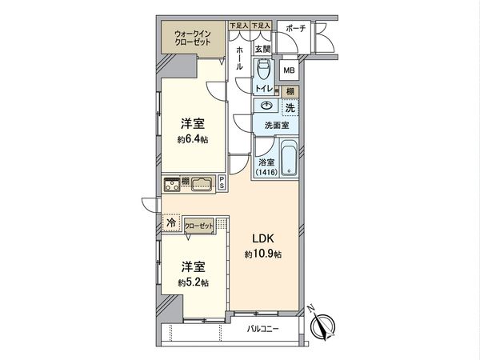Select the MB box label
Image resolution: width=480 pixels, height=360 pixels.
pyautogui.click(x=289, y=70)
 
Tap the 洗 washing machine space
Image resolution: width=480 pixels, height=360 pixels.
pyautogui.click(x=290, y=108)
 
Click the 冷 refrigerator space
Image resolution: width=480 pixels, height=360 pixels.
pyautogui.click(x=170, y=225)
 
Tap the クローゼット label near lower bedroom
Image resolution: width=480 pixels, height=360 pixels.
pyautogui.click(x=201, y=226)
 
